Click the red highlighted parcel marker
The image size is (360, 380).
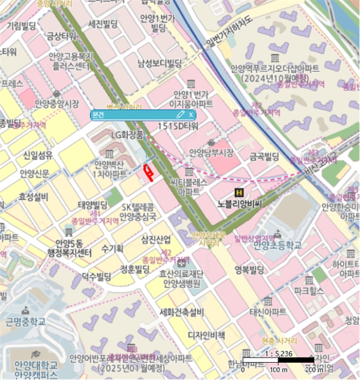(147, 172)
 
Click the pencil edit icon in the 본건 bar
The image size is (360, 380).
(180, 115)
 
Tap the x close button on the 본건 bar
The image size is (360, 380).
(191, 115)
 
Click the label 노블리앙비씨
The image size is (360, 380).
(239, 204)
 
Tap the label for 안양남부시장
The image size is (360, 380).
(211, 153)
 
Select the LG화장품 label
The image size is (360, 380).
(127, 134)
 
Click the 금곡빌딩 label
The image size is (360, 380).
(263, 156)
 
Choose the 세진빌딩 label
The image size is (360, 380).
(103, 24)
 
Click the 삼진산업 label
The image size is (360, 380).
(156, 239)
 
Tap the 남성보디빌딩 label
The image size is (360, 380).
(159, 64)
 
